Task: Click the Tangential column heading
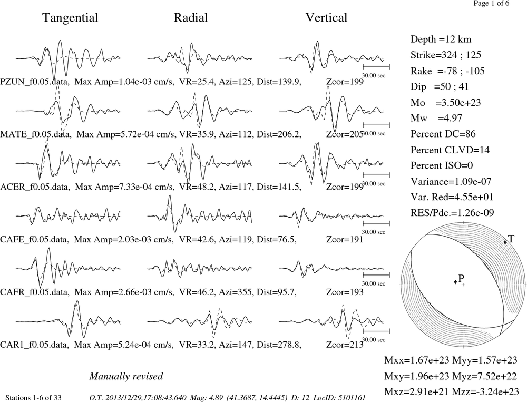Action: (70, 18)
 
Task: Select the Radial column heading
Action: (191, 17)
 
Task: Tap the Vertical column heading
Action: (326, 17)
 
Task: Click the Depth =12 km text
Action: (441, 40)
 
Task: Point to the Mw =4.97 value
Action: (436, 119)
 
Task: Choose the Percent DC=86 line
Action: (443, 134)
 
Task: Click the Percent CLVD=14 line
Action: (450, 150)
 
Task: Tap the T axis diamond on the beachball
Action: (505, 242)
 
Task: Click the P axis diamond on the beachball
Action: (455, 282)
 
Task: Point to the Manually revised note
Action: (126, 376)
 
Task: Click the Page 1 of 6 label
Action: (491, 3)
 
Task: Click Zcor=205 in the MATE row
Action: (345, 134)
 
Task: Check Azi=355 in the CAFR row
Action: (235, 292)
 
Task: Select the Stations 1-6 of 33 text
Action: (34, 398)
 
